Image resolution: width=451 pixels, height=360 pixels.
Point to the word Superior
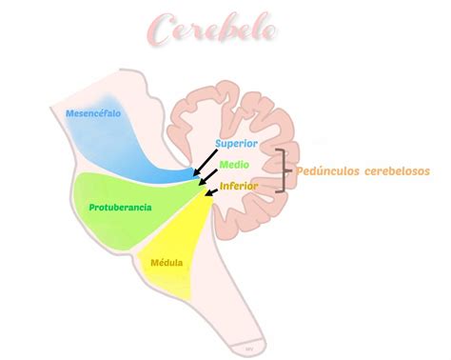[x=236, y=143]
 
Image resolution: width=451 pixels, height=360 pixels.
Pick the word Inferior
[x=238, y=186]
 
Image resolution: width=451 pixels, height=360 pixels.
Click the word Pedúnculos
[x=328, y=171]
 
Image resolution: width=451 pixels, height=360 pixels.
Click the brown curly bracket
[x=283, y=171]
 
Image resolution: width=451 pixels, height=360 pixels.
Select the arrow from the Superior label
[x=207, y=164]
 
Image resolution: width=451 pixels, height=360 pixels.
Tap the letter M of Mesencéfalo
[x=69, y=114]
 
